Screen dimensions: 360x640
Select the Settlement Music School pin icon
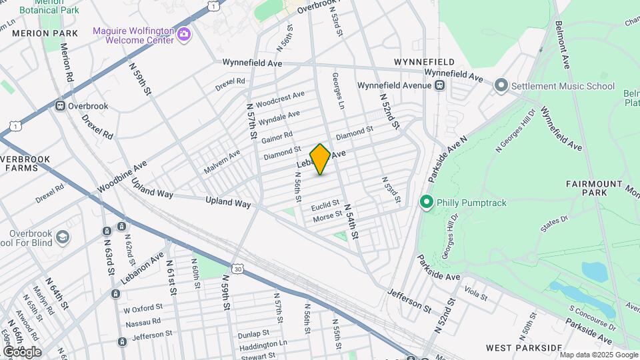501,86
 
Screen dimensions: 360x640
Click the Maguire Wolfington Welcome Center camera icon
184,35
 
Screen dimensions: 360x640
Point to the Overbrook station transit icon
60,106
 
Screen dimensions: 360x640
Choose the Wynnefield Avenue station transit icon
439,85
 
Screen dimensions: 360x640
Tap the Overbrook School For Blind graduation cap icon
62,237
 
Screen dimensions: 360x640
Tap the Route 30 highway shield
239,268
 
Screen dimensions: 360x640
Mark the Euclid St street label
326,203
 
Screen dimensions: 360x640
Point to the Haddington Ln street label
264,345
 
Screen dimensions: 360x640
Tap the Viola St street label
476,291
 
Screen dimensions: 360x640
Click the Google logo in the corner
22,351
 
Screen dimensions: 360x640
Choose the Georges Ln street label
339,101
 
